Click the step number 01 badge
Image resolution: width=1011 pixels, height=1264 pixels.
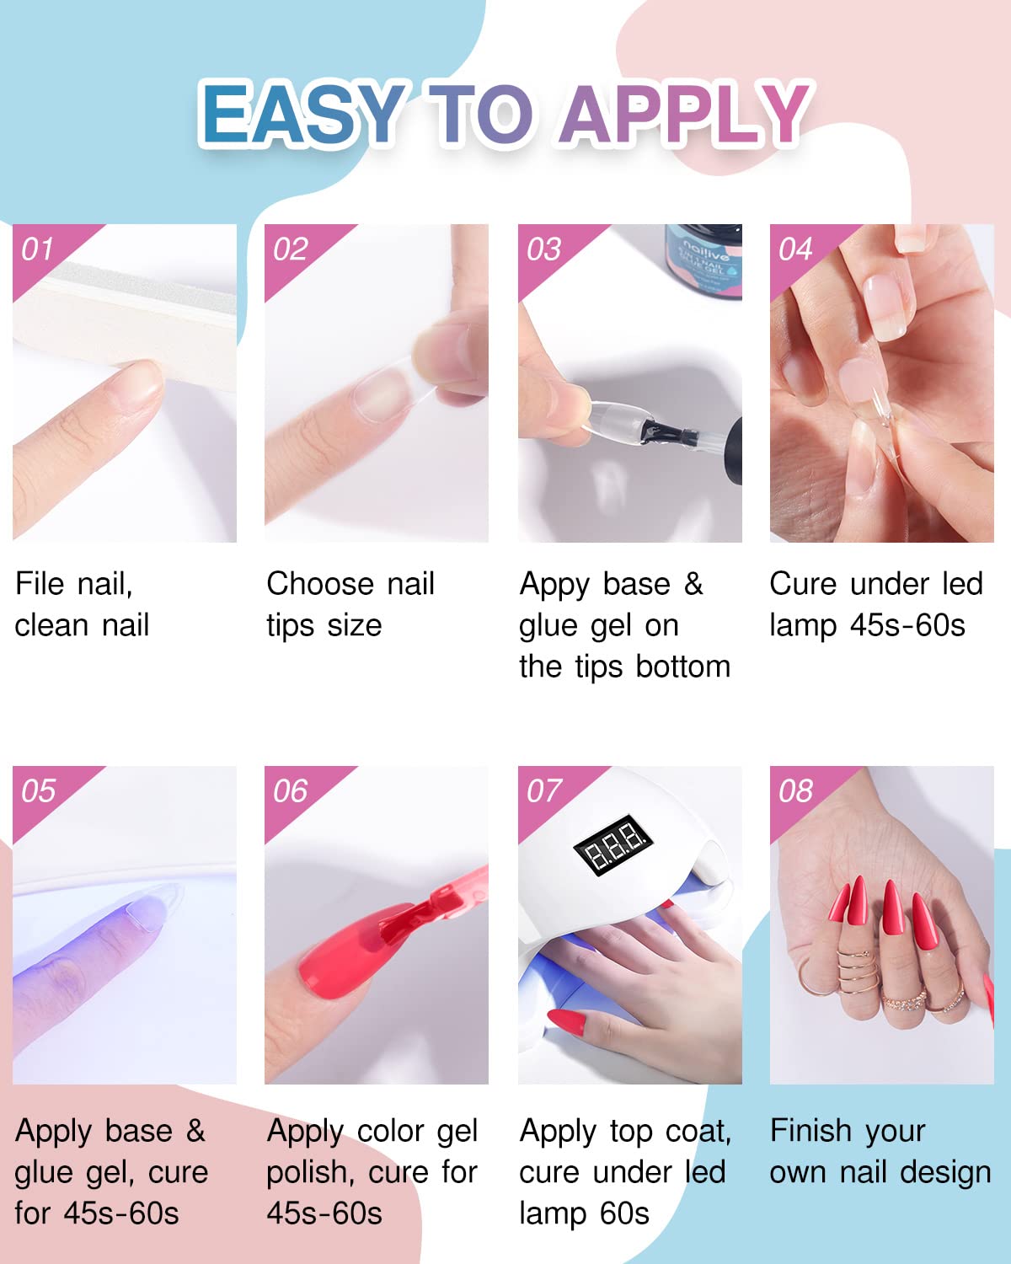(38, 249)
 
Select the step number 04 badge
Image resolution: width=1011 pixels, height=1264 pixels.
(795, 249)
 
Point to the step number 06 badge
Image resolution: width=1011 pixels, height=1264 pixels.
(291, 791)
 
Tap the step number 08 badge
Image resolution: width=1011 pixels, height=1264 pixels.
(795, 791)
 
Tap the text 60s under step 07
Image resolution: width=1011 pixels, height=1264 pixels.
(624, 1213)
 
